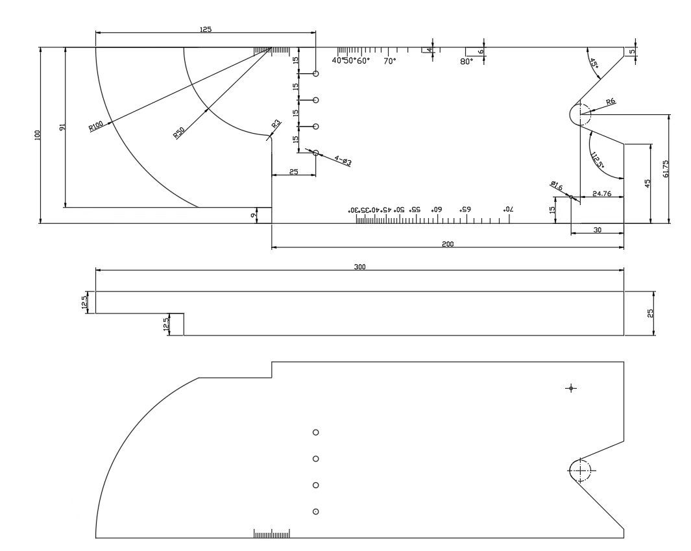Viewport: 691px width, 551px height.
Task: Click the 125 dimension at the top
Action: pos(206,29)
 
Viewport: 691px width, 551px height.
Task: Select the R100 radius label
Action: pos(96,125)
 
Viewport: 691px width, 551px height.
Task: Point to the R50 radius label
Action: pos(179,133)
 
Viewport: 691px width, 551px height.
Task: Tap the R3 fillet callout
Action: pos(276,123)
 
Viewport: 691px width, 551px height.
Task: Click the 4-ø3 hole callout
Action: pos(343,160)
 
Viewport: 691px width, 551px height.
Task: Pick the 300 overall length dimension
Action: pos(360,267)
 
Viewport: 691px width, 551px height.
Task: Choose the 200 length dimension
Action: pos(448,243)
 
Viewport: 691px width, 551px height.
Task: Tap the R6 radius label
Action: pos(610,102)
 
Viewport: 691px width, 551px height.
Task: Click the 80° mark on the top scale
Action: pos(467,62)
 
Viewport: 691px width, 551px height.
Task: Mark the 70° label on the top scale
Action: pos(389,61)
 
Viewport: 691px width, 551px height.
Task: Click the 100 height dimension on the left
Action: pos(38,135)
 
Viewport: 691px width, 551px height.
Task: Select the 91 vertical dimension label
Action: pos(62,127)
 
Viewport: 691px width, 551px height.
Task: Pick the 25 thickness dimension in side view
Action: pos(649,313)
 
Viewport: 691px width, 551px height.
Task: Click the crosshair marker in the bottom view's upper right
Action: pos(571,388)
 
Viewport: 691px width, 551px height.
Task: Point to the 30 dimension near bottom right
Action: pos(597,229)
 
